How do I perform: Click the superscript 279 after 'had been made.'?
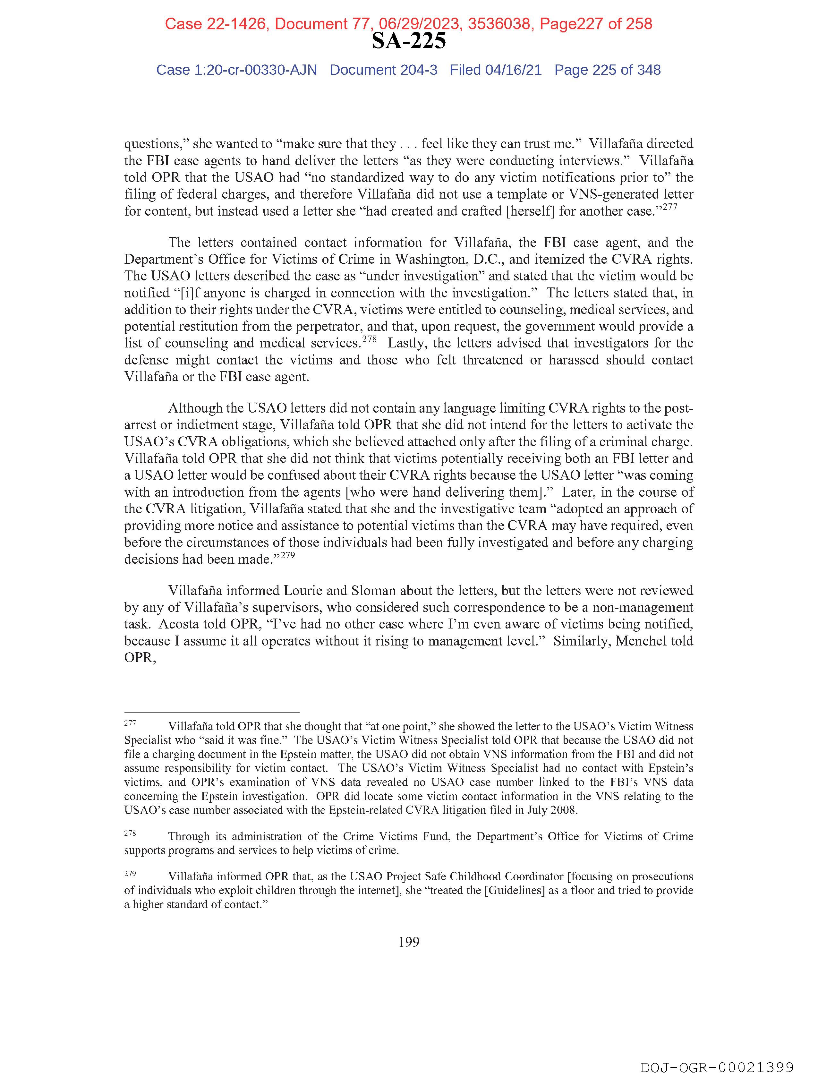[x=288, y=555]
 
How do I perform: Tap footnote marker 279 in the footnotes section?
[x=130, y=873]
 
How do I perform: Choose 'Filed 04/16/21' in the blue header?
[x=496, y=70]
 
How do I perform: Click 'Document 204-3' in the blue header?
[x=384, y=70]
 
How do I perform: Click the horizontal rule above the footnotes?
[x=212, y=712]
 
